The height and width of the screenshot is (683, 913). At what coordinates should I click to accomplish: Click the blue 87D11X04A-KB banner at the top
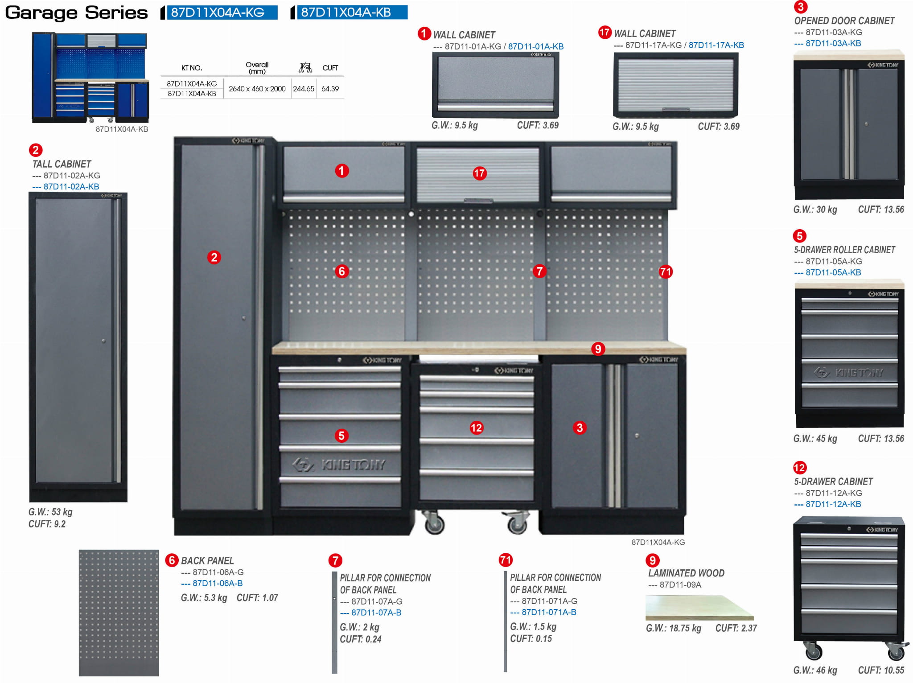point(349,12)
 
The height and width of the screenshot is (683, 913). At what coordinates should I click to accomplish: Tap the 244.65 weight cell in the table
point(304,89)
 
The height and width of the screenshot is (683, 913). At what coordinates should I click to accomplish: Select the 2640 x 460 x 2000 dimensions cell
point(257,89)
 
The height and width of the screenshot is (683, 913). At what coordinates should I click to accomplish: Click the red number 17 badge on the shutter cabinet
point(479,173)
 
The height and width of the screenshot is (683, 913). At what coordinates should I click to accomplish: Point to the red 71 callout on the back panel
point(665,272)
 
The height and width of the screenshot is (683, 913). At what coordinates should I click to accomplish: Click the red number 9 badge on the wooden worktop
point(598,349)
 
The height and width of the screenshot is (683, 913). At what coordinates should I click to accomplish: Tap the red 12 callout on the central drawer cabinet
point(476,428)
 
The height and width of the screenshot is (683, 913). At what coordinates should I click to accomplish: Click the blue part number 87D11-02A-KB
point(66,186)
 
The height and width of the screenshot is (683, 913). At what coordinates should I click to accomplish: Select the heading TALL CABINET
point(62,164)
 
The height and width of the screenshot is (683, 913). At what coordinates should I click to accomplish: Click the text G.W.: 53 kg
point(50,512)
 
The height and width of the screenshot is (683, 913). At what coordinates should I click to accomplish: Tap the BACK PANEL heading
point(207,560)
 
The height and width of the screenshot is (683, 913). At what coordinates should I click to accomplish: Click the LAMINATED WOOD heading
point(686,573)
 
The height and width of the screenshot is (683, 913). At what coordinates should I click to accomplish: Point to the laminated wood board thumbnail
point(699,607)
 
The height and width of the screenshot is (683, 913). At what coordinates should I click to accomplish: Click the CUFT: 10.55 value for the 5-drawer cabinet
point(881,670)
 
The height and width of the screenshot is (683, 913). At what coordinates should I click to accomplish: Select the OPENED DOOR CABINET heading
point(844,21)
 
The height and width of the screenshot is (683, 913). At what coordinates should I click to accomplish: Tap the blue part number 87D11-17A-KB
point(716,45)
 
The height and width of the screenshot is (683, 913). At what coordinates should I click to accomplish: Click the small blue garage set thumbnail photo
point(90,78)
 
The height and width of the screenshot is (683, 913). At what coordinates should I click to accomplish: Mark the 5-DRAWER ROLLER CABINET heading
point(844,250)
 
